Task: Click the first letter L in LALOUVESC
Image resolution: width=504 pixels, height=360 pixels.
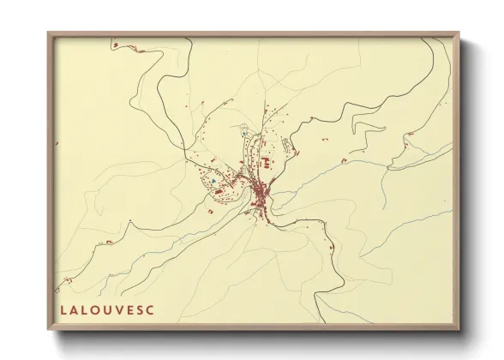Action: pos(64,310)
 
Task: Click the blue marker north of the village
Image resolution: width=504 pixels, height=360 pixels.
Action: pos(244,135)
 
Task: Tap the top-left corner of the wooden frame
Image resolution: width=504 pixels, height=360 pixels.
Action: pos(49,33)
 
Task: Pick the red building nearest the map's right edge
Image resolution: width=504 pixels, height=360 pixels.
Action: pos(411,135)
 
